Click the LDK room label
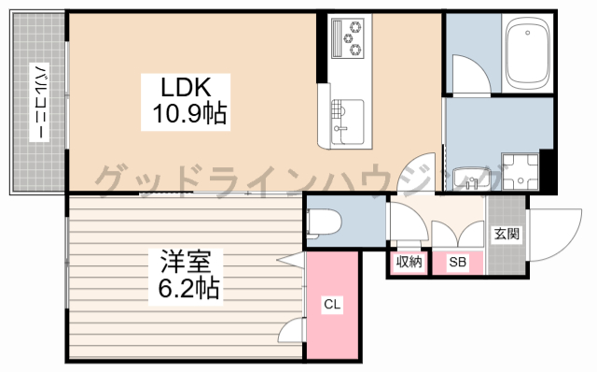(x=186, y=87)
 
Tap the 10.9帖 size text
(x=189, y=113)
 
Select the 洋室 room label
(x=186, y=262)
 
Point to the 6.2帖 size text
(x=188, y=288)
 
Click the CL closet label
(x=332, y=304)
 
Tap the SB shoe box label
(x=457, y=262)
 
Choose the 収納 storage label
(x=409, y=262)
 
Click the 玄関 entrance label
(x=507, y=234)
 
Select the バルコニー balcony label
(x=39, y=102)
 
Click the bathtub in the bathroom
(x=527, y=53)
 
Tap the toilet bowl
(x=324, y=223)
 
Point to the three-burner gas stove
(x=348, y=38)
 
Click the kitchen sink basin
(x=347, y=122)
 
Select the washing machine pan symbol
(x=521, y=172)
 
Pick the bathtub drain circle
(x=527, y=33)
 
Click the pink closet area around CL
(x=332, y=305)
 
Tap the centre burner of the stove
(x=348, y=38)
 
